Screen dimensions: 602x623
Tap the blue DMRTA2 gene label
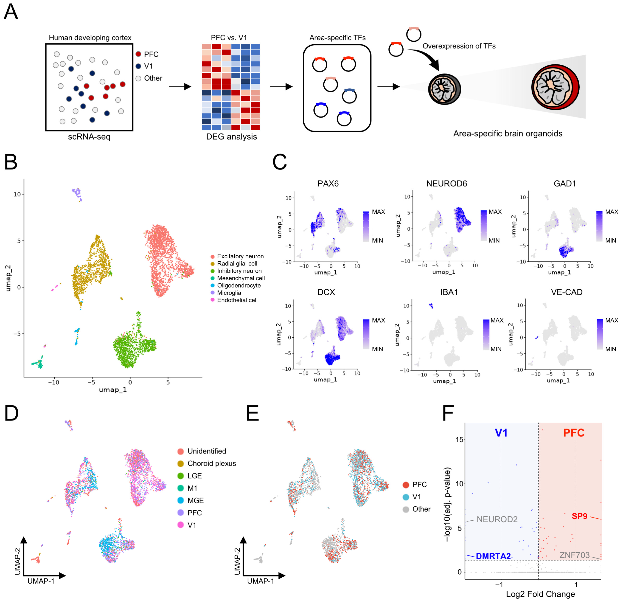(493, 556)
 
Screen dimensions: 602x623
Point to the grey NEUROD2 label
(497, 519)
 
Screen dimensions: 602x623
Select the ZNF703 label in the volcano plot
(574, 555)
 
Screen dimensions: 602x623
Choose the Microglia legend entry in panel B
(229, 293)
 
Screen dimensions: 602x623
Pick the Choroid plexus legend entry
(212, 463)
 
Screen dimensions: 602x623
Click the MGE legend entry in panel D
(195, 500)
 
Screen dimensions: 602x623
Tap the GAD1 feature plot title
(565, 184)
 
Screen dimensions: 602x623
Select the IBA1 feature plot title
(449, 292)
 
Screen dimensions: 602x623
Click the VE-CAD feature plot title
(566, 292)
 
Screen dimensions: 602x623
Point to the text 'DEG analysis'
(231, 137)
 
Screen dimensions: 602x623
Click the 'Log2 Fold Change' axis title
(540, 594)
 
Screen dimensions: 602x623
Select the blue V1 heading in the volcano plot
(501, 433)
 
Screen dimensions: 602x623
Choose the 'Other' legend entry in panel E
(421, 509)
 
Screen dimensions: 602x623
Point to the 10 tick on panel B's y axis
(17, 194)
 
